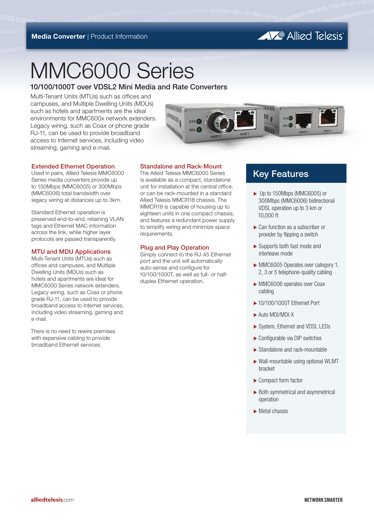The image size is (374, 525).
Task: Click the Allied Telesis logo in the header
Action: coord(300,36)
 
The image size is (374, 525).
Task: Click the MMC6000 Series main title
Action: coord(112,71)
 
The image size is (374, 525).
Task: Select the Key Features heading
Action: coord(280,174)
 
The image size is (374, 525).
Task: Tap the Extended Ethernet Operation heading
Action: coord(73,166)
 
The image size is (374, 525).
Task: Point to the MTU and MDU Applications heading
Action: coord(71,252)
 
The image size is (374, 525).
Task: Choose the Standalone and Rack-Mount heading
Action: coord(181,166)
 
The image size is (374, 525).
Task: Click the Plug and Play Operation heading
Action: coord(174,248)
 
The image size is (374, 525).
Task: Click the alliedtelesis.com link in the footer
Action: coord(52,500)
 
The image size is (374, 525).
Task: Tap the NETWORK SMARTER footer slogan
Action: coord(323,500)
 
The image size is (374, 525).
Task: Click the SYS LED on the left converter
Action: coord(199,121)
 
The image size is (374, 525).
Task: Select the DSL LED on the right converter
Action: coord(290,125)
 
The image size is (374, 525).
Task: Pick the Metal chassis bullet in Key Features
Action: coord(273,411)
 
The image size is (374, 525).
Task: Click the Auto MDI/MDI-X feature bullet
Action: coord(276,315)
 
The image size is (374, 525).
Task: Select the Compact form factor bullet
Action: coord(280,381)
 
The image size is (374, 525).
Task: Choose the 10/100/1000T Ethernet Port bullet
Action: coord(289,303)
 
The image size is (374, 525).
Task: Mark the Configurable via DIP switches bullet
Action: coord(290,338)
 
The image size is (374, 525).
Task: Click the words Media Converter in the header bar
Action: coord(58,37)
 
